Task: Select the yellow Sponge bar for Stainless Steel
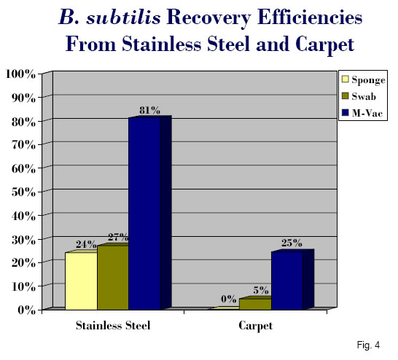point(81,281)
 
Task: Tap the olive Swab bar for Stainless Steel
point(113,278)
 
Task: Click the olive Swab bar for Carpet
point(255,304)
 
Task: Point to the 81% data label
point(149,110)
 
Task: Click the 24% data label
point(86,245)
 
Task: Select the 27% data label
point(118,238)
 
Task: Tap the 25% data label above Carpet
point(292,243)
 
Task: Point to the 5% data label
point(261,290)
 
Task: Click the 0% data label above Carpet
point(228,299)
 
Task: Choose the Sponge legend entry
point(364,79)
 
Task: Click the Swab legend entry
point(359,96)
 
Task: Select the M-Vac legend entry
point(362,113)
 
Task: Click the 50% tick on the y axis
point(23,192)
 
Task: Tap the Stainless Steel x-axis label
point(113,326)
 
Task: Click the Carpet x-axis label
point(255,326)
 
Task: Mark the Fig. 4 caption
point(368,345)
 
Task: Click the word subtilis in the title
point(124,18)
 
